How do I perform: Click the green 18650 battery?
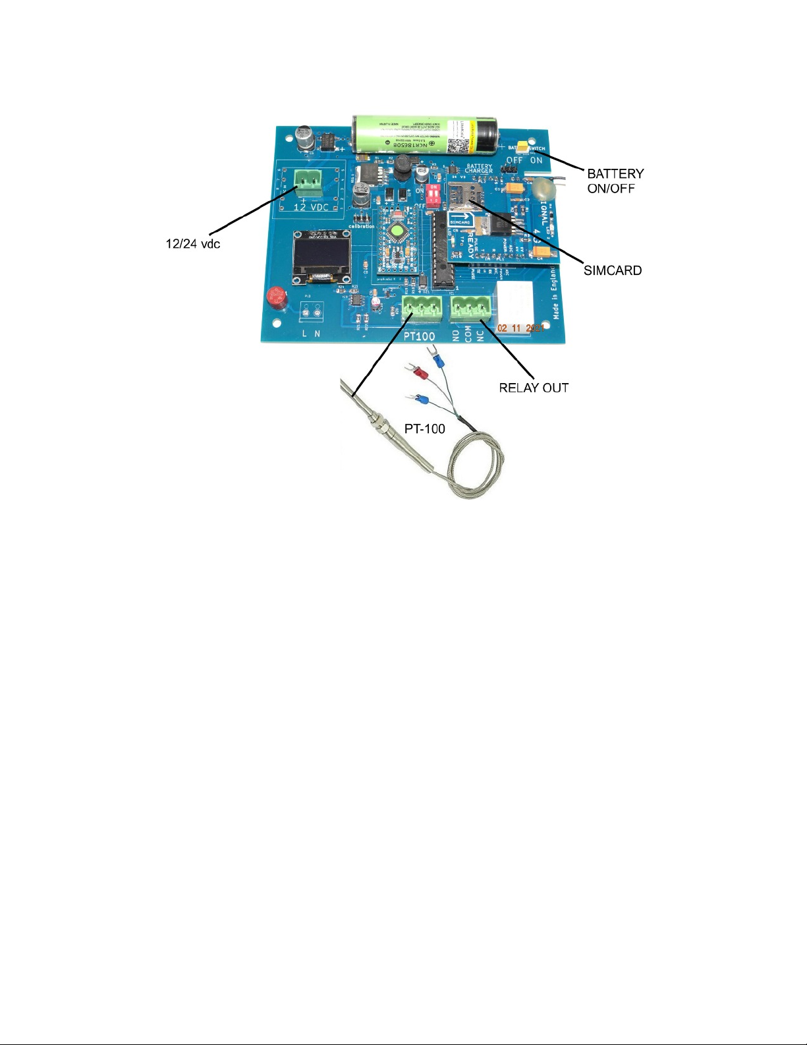tap(422, 135)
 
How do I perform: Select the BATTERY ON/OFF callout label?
tap(615, 181)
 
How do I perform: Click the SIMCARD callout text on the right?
tap(612, 270)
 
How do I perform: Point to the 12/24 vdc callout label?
tap(192, 244)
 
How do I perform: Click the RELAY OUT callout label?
tap(534, 388)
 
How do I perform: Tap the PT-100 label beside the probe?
tap(425, 429)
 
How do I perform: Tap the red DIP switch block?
tap(433, 196)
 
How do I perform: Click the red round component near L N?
tap(276, 297)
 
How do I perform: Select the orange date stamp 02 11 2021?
tap(521, 328)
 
